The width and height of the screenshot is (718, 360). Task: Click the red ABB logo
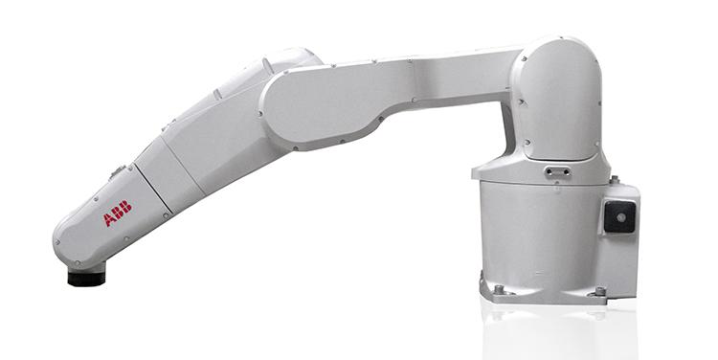118,214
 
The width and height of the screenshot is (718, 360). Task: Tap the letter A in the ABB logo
109,219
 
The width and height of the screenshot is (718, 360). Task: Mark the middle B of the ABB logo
118,213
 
